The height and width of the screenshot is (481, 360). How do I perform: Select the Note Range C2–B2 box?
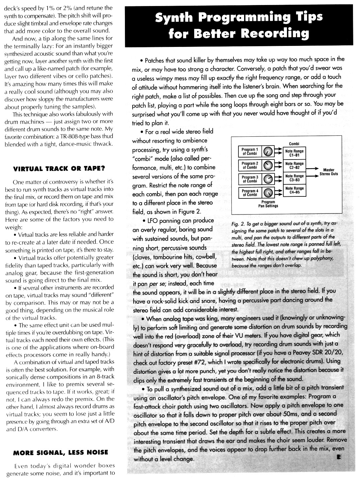(294, 166)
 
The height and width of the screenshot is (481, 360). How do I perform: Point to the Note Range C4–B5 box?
(294, 190)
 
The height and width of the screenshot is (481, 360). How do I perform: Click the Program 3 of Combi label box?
(250, 179)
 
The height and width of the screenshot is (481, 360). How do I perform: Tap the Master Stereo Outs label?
(329, 172)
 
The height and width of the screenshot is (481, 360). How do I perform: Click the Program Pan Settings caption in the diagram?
(269, 204)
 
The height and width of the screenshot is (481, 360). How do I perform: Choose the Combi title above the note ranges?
(294, 144)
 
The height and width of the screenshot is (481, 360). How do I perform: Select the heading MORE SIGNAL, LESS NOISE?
(61, 453)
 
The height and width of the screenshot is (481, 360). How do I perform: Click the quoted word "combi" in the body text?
(144, 159)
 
